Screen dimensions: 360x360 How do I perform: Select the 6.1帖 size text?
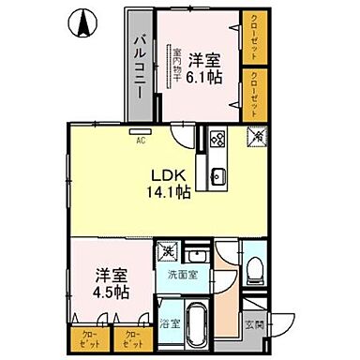tap(203, 79)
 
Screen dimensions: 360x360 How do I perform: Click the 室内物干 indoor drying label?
tap(176, 65)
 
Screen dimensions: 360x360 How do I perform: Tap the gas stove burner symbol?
tap(217, 142)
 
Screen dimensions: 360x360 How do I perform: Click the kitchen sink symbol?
tap(218, 175)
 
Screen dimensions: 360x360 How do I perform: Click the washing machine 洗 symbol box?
tap(167, 251)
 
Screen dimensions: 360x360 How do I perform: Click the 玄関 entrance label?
tap(256, 325)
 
